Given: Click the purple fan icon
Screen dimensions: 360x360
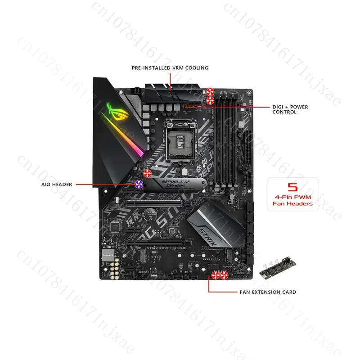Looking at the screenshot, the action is coord(139,184).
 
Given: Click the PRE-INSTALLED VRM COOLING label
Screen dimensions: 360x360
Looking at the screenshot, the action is coord(170,68).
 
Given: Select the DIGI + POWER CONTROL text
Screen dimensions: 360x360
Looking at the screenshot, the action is coord(290,109).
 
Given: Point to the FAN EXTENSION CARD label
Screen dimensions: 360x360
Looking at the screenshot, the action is coord(267,292).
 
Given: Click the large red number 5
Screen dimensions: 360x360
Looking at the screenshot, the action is coord(293,186).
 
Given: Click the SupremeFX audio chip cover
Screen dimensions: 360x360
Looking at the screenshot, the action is coord(107,254).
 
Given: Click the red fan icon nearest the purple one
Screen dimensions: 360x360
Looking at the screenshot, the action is coord(147,174).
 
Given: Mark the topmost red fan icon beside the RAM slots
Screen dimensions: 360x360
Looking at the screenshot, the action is coord(210,90).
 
